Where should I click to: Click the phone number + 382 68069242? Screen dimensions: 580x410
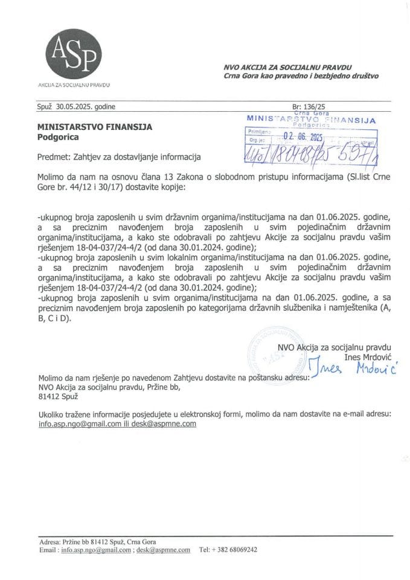[231, 550]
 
